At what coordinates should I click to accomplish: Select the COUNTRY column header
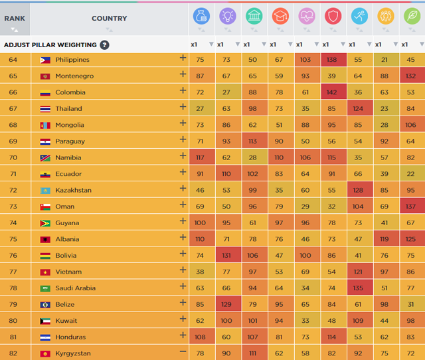pos(109,19)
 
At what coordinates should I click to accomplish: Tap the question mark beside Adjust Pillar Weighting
pos(105,45)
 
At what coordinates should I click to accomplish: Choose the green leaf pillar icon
pos(411,17)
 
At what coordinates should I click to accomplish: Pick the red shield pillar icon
pos(332,17)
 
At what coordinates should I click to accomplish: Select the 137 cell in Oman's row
pos(411,207)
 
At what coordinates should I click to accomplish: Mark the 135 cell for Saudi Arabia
pos(359,288)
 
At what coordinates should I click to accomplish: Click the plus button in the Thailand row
pos(183,108)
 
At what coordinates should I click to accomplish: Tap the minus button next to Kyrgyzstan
pos(183,353)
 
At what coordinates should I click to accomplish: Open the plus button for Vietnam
pos(183,271)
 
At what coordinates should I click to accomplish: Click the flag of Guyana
pos(45,223)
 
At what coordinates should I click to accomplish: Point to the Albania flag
pos(45,239)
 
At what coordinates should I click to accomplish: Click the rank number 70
pos(13,158)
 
